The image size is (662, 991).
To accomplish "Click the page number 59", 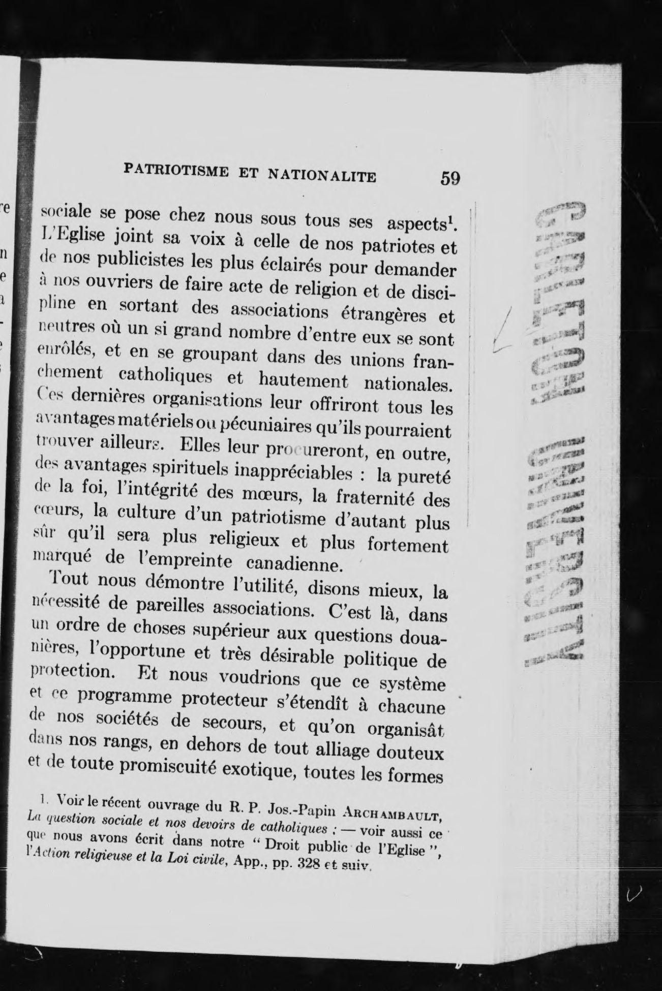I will point(450,178).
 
